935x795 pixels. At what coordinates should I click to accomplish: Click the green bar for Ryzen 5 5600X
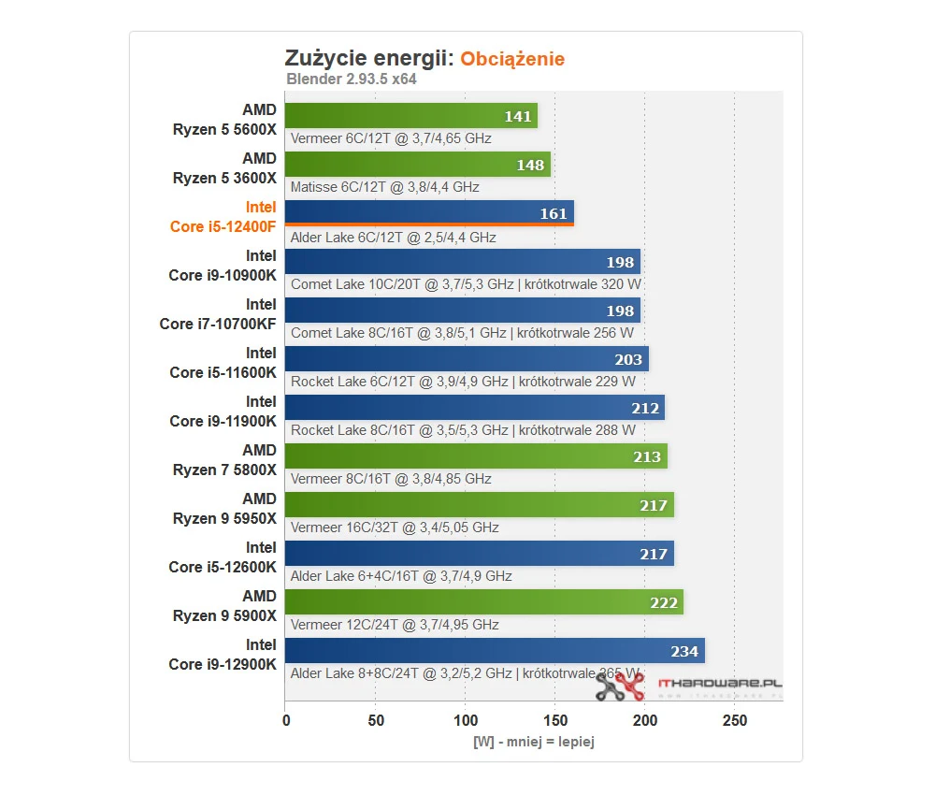coord(411,116)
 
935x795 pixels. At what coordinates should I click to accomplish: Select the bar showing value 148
coord(417,165)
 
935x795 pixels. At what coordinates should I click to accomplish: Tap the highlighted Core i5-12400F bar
coord(429,213)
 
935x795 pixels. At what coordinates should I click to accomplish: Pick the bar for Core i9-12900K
coord(495,651)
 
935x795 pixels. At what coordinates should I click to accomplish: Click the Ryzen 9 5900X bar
coord(483,602)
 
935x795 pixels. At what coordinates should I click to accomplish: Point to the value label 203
coord(628,359)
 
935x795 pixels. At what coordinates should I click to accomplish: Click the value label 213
coord(647,456)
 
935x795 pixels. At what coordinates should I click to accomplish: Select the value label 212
coord(645,408)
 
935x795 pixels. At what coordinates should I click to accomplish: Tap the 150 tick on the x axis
coord(554,721)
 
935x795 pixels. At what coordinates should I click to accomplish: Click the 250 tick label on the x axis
coord(734,721)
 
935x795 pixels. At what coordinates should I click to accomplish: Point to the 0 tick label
coord(286,721)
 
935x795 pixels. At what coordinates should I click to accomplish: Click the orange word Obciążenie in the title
coord(512,59)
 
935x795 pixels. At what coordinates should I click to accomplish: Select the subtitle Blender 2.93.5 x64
coord(351,79)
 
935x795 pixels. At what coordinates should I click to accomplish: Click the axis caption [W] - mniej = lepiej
coord(533,742)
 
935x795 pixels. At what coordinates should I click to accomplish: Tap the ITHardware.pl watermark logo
coord(689,687)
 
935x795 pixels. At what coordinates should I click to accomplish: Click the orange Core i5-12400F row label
coord(223,217)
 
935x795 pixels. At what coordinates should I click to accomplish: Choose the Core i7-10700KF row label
coord(218,314)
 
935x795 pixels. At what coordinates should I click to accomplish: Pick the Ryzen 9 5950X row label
coord(224,509)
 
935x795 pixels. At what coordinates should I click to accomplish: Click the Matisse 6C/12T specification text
coord(385,187)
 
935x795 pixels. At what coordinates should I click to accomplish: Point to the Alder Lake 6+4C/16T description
coord(401,576)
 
